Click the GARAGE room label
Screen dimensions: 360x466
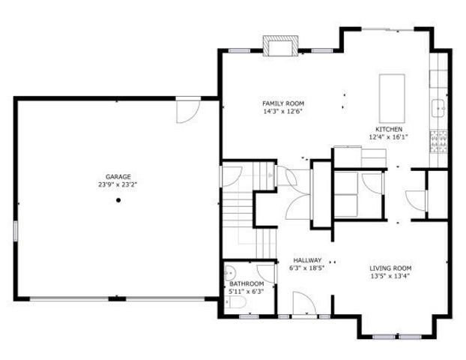click(x=118, y=175)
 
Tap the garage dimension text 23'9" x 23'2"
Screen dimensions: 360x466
click(x=118, y=184)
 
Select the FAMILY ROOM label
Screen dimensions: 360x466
click(x=283, y=103)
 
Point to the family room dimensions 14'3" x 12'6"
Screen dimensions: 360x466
click(x=283, y=112)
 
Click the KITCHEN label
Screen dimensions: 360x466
click(x=387, y=129)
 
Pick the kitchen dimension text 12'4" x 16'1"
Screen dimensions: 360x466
click(x=387, y=137)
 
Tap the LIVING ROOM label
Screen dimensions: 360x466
click(x=390, y=268)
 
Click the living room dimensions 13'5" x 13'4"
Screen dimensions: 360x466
click(x=390, y=276)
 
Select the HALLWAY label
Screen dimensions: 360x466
click(x=306, y=260)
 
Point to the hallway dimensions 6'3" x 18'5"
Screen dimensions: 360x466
click(x=306, y=268)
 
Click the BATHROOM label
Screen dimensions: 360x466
click(x=246, y=283)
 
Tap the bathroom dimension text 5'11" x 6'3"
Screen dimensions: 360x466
click(x=246, y=291)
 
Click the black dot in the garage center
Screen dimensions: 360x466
click(x=118, y=200)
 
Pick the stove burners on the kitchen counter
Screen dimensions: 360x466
click(x=439, y=139)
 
